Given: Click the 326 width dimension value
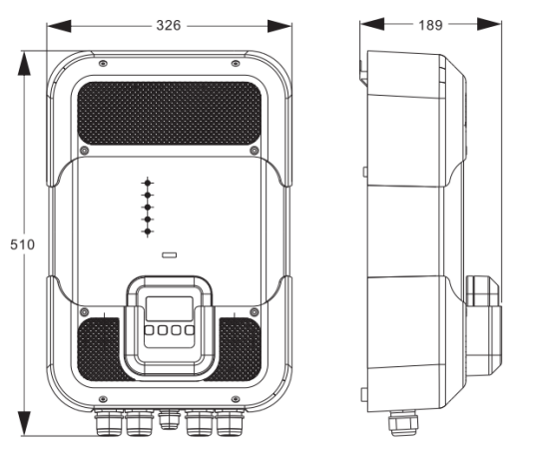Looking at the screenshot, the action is click(169, 26).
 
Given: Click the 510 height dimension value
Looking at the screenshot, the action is click(23, 244).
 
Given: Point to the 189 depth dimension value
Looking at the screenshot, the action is click(430, 25).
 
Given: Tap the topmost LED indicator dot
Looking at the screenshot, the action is click(148, 183).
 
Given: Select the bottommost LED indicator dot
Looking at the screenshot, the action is click(148, 231).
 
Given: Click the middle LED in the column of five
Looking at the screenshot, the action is click(148, 208).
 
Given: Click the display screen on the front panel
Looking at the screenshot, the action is click(170, 308).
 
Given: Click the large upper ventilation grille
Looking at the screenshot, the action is click(170, 114).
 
